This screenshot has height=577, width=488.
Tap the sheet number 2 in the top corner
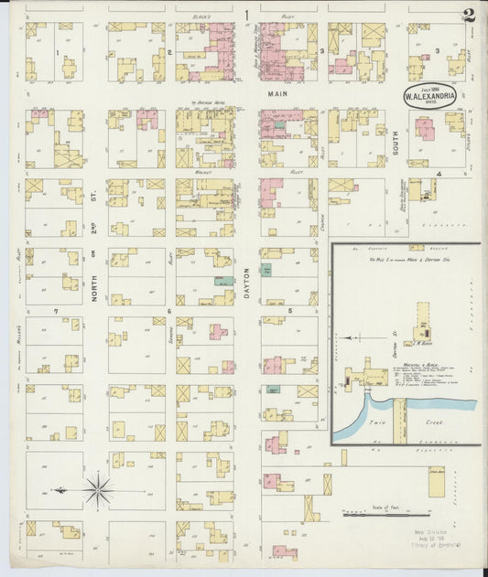468,14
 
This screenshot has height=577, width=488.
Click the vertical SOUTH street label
396,140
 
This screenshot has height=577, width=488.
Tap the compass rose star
97,491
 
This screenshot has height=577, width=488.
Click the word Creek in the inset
432,423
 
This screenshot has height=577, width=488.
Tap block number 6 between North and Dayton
169,312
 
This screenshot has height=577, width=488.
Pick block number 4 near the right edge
439,173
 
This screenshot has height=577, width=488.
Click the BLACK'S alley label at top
201,18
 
